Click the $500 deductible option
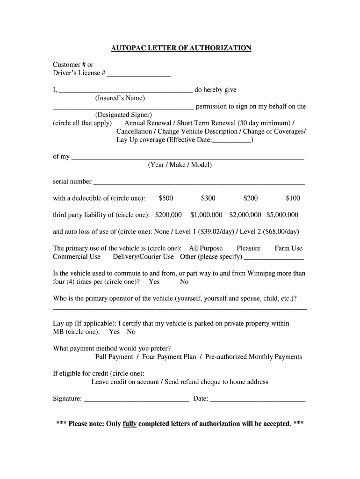coord(166,198)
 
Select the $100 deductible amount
coord(293,198)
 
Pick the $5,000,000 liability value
coord(282,215)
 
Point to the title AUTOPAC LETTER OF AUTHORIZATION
coord(181,48)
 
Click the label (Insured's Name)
coord(120,98)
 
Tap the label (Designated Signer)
coord(123,115)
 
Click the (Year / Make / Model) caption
coord(180,165)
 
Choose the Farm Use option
coord(288,248)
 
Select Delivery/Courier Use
coord(144,257)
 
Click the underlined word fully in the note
coord(130,424)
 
